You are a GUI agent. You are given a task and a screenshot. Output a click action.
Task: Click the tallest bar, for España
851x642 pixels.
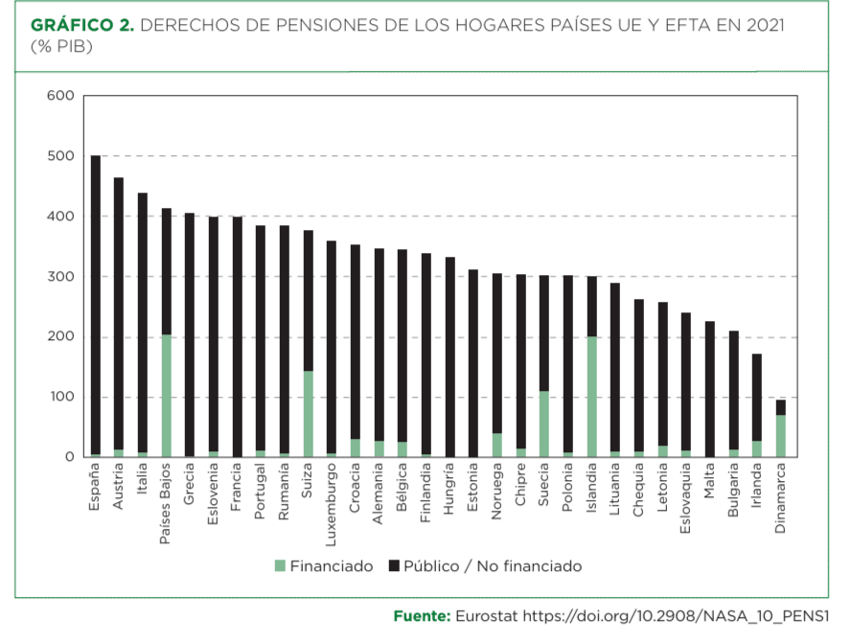(96, 306)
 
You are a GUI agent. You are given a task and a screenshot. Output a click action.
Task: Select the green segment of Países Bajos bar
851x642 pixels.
(167, 396)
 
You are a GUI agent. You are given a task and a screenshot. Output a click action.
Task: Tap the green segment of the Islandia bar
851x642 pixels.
(592, 397)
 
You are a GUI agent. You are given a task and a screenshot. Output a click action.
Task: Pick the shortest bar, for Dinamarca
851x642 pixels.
(781, 428)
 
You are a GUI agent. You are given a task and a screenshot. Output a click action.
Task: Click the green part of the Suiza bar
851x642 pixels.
(309, 414)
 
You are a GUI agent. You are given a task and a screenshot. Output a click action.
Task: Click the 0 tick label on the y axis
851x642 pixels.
(69, 457)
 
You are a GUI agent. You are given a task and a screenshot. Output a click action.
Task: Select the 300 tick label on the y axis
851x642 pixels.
(60, 276)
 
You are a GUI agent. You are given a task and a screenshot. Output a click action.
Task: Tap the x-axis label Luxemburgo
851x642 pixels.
(331, 504)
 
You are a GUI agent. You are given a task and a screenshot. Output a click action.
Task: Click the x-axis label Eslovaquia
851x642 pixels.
(685, 498)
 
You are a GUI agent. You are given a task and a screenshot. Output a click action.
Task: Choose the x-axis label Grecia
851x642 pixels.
(189, 484)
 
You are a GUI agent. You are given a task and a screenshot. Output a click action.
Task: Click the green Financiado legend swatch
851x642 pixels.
(280, 566)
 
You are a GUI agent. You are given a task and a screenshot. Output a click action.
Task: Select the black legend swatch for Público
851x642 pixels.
(394, 566)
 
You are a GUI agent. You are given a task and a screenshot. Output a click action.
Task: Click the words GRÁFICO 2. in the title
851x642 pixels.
(82, 25)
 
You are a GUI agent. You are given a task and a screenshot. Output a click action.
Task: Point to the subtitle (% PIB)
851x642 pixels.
(62, 47)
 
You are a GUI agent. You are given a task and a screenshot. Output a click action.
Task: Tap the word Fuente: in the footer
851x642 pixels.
(423, 616)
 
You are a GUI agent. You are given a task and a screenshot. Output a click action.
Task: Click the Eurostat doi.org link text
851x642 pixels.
(642, 616)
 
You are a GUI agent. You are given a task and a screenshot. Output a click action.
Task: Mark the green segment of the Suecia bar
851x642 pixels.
(544, 424)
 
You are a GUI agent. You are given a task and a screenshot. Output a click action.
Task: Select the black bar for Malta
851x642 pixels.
(710, 389)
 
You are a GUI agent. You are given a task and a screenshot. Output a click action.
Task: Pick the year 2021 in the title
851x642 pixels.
(766, 25)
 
